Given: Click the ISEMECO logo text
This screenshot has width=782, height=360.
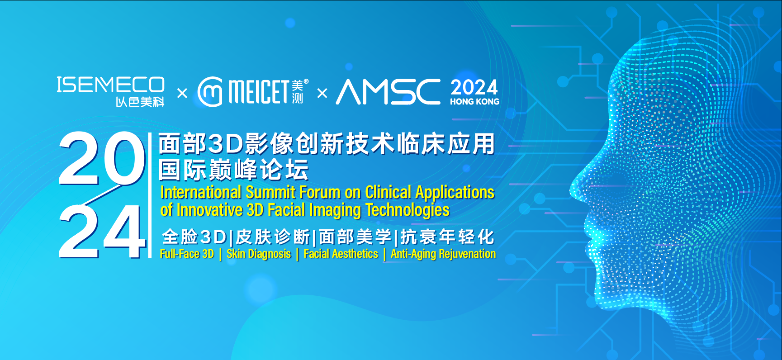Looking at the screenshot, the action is [x=110, y=85].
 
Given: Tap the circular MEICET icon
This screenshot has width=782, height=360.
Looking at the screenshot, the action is [x=210, y=92].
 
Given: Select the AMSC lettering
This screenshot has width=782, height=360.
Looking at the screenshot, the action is [x=388, y=92].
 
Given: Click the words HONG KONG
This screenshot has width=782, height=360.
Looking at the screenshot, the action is [x=474, y=102].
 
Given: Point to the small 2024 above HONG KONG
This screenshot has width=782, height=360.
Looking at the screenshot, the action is [x=474, y=87].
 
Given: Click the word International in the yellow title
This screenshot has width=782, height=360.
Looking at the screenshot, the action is [x=201, y=192].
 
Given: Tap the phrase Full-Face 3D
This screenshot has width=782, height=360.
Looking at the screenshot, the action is [x=187, y=254].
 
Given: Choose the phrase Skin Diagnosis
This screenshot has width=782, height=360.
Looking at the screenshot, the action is [x=259, y=254].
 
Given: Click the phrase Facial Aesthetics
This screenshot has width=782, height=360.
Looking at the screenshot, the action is [x=341, y=254].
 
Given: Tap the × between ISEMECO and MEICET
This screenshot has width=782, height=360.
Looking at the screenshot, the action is [x=182, y=94].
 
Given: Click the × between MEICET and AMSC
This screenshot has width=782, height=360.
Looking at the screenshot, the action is [x=322, y=94].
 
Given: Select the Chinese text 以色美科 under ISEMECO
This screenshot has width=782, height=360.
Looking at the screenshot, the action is [x=140, y=102].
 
